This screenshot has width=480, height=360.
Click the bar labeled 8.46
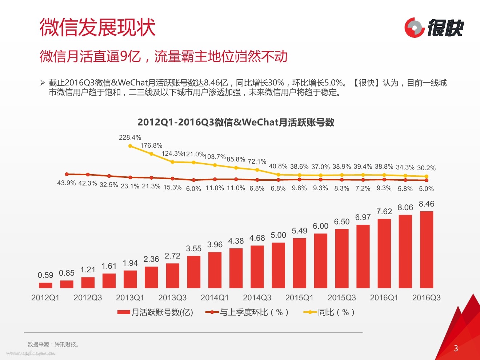(x=426, y=249)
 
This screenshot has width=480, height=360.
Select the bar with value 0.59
(x=45, y=285)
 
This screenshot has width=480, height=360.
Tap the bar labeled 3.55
(x=193, y=272)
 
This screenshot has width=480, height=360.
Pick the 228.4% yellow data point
(x=131, y=146)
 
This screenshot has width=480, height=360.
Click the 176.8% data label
(x=151, y=145)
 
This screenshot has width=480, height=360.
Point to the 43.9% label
(x=67, y=183)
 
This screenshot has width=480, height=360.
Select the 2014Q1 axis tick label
(x=215, y=298)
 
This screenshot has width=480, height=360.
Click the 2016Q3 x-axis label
(x=426, y=298)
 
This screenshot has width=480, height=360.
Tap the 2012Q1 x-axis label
(x=45, y=298)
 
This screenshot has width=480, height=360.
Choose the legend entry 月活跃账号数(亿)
(x=155, y=312)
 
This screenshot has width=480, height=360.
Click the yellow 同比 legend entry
(x=329, y=312)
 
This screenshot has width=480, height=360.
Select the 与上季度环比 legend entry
(x=247, y=312)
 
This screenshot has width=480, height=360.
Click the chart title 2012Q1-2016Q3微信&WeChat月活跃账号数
(x=236, y=122)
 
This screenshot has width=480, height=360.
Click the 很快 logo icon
(x=414, y=27)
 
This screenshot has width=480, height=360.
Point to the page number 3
(x=456, y=348)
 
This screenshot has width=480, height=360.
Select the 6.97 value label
(x=363, y=217)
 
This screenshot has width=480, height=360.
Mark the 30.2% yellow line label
(x=426, y=168)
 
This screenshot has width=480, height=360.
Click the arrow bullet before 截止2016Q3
(x=43, y=83)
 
